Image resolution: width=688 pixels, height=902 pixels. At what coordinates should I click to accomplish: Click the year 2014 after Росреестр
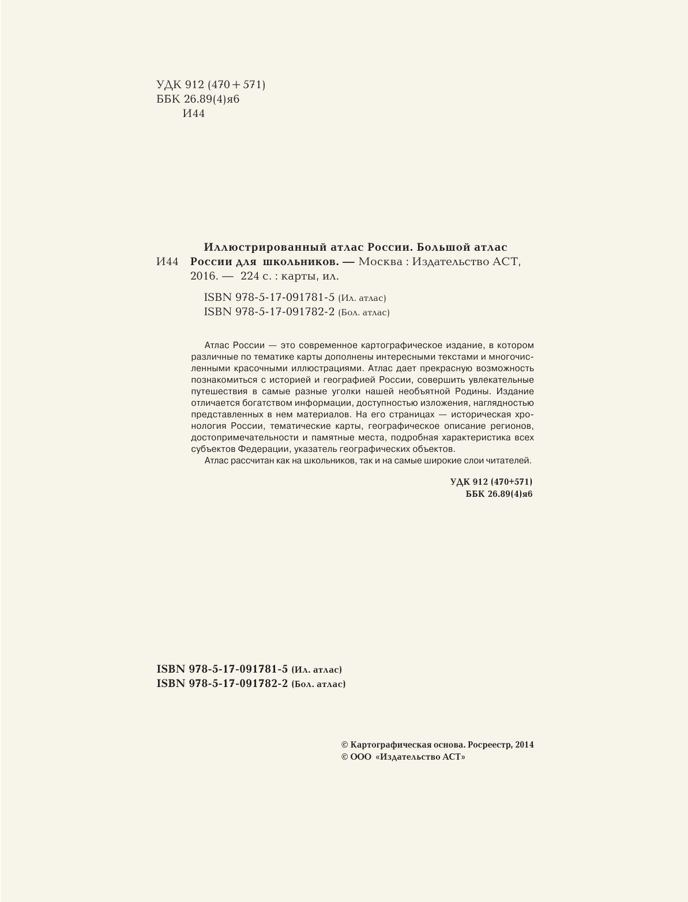(524, 745)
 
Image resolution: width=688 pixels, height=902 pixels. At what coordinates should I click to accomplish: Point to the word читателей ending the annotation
(509, 461)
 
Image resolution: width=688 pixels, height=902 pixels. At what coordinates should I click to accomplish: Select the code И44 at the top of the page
(193, 114)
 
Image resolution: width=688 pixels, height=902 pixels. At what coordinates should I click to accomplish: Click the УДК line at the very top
(210, 85)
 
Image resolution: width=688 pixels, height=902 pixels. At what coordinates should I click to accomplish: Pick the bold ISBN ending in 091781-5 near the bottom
(221, 669)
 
